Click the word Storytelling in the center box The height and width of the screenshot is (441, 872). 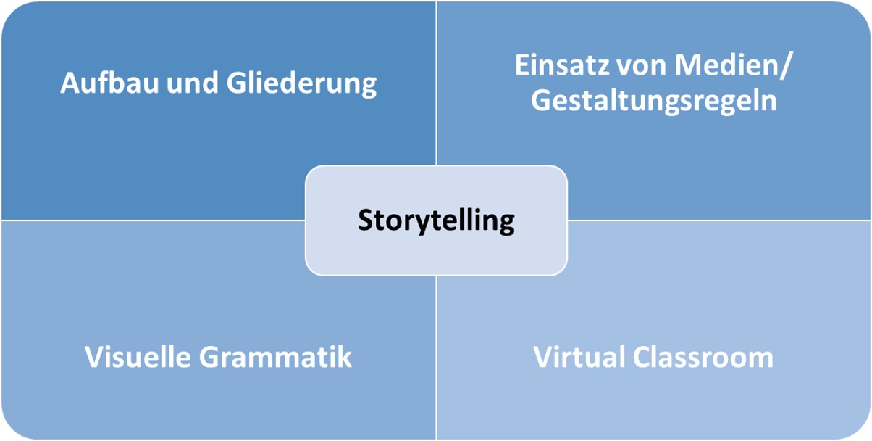436,220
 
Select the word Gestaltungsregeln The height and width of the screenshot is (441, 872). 654,102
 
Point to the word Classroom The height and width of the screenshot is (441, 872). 701,357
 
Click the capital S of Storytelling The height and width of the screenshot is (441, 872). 365,220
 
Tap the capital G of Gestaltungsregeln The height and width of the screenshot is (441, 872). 541,100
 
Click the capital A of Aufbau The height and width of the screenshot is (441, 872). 70,84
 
